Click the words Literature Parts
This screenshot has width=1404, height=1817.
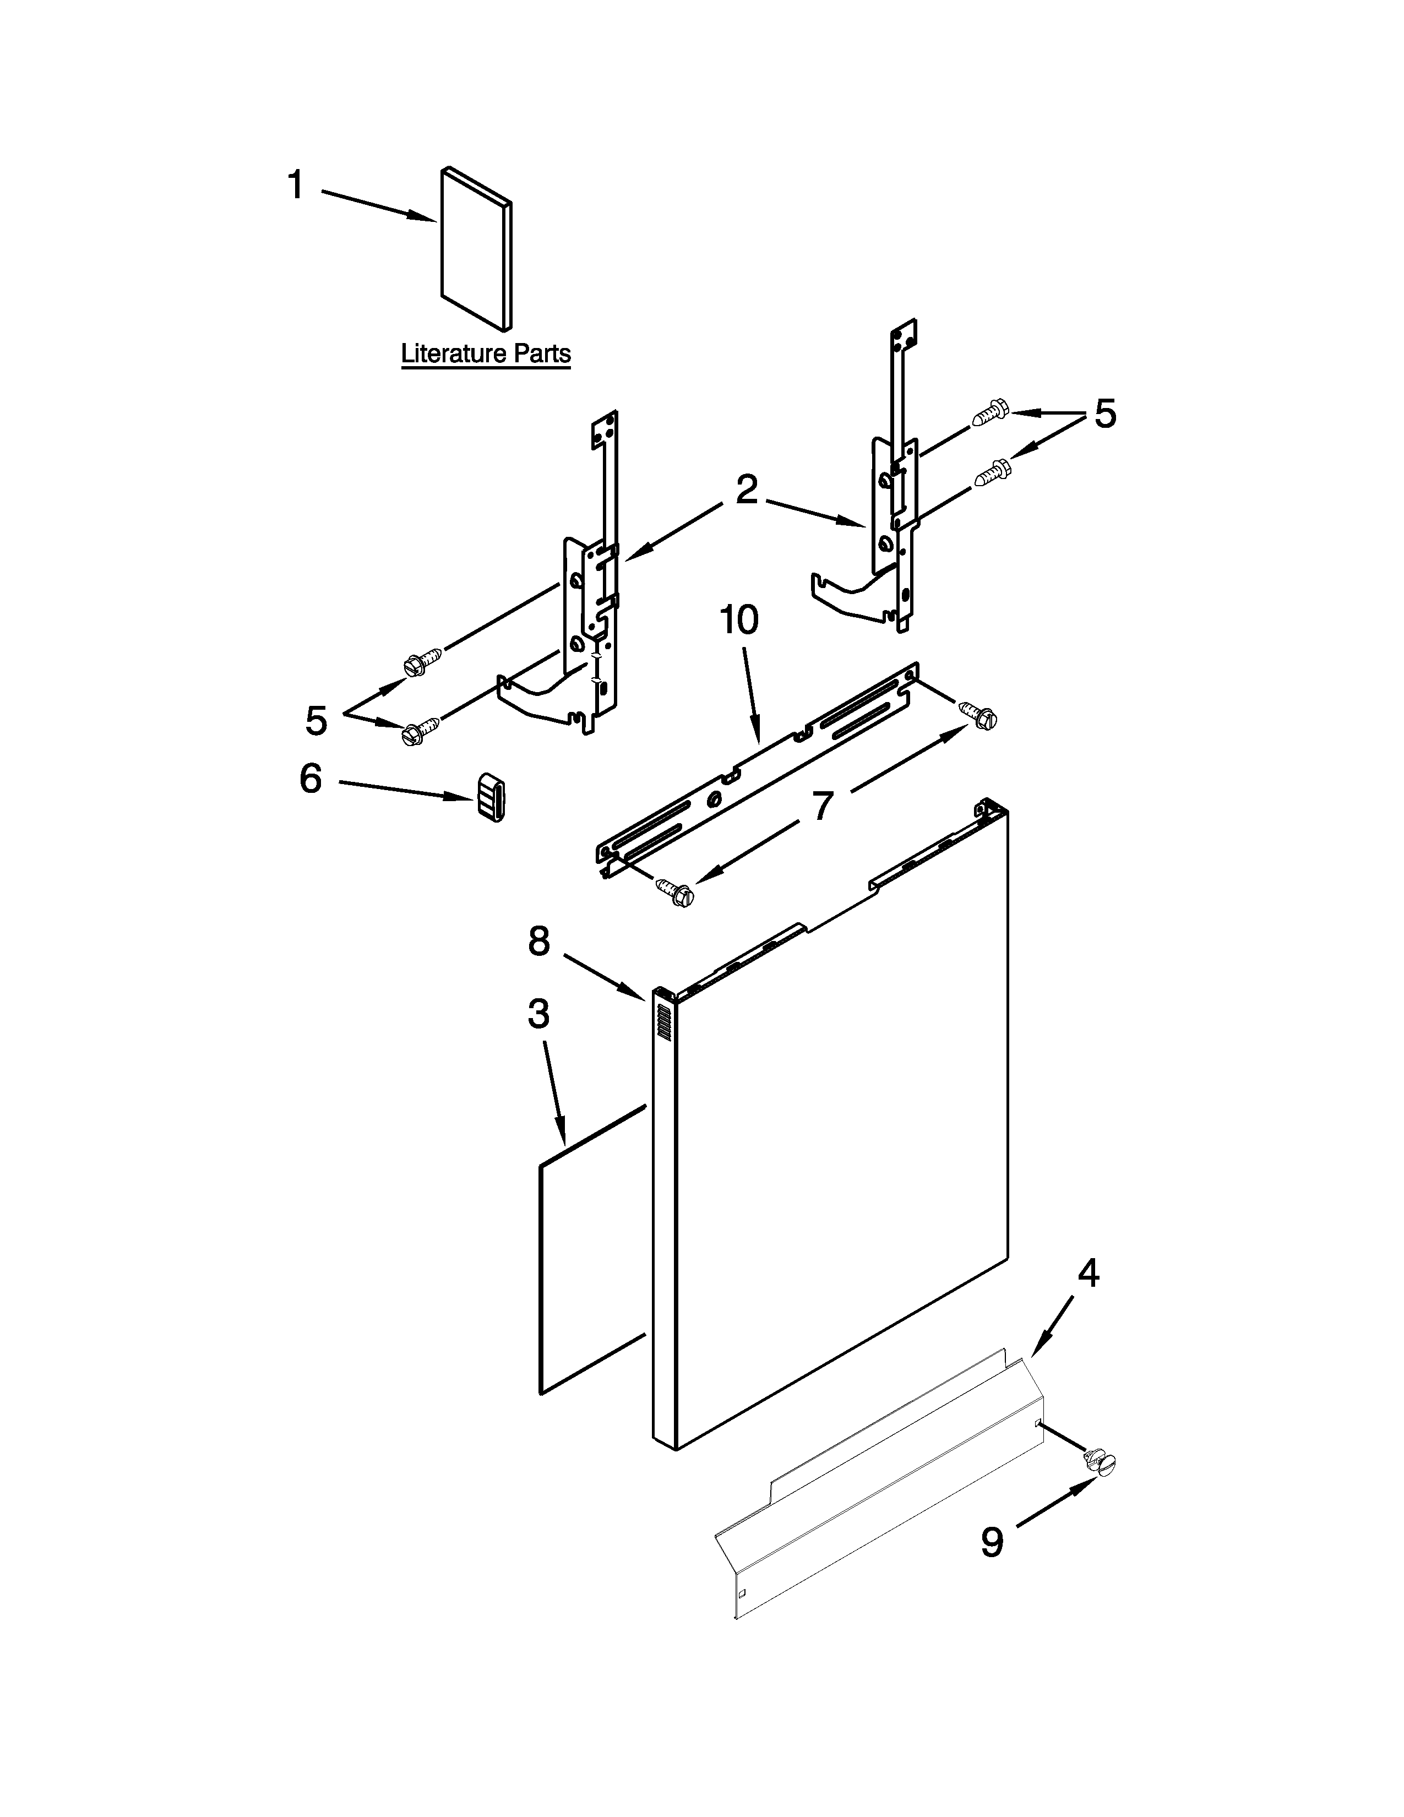[486, 353]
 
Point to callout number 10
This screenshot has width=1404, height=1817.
[738, 621]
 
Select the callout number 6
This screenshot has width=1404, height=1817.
[310, 780]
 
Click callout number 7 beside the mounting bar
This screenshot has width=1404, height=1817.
[822, 806]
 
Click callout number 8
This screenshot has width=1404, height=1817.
[539, 941]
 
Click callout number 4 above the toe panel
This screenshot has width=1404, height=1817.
[1088, 1274]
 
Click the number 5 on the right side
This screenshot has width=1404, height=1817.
[1104, 414]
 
